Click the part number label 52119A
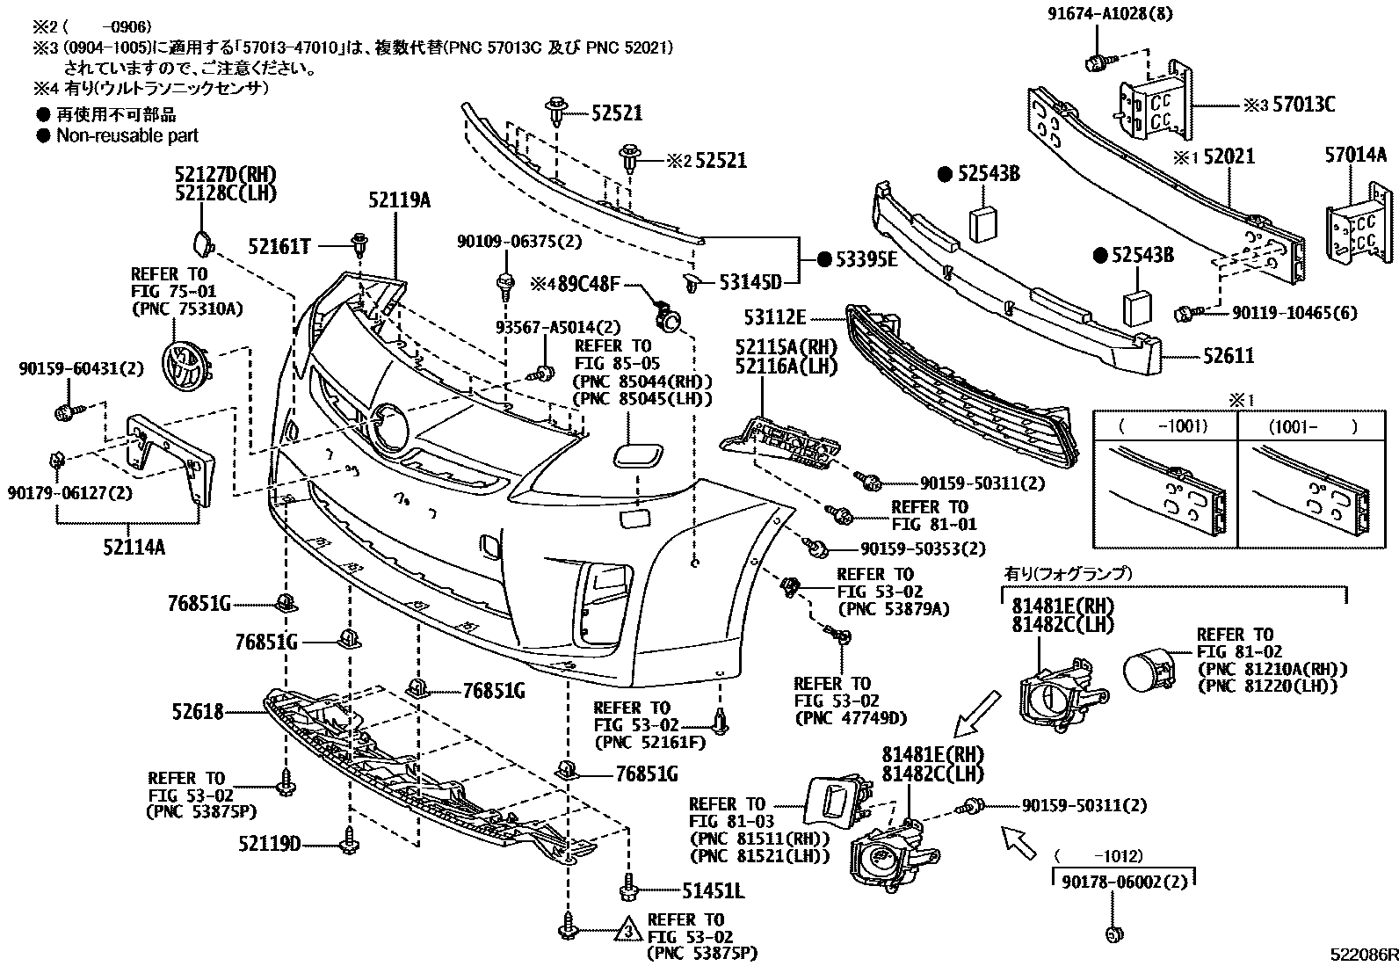click(x=399, y=200)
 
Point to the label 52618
click(x=199, y=712)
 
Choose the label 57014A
click(x=1355, y=156)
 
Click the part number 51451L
click(x=714, y=891)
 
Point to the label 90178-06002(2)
click(x=1124, y=881)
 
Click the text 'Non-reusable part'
click(x=127, y=135)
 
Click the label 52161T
click(x=279, y=248)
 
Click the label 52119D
click(x=269, y=844)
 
